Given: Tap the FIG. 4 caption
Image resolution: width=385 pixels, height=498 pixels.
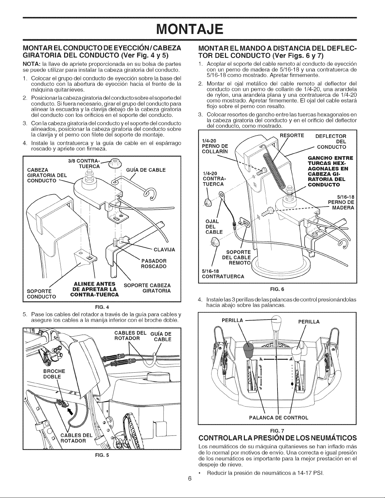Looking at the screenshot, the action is coord(102,307).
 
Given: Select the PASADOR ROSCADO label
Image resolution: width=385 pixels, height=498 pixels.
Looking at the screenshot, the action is coord(154,264).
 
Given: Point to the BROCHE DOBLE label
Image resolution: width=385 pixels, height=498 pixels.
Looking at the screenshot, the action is coord(54,374).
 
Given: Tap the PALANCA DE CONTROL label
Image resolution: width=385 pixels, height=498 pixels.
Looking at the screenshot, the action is coord(279,417).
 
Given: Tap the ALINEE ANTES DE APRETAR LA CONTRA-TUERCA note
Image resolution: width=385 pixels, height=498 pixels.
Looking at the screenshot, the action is coord(95,289).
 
